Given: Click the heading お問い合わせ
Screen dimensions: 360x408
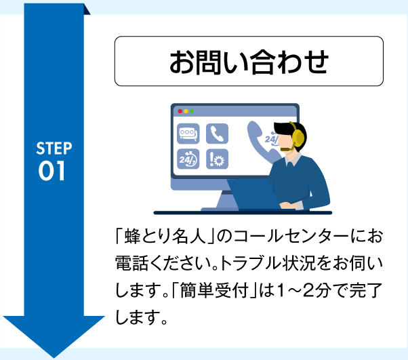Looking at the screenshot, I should pyautogui.click(x=248, y=62).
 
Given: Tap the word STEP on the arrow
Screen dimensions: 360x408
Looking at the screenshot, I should pyautogui.click(x=54, y=149).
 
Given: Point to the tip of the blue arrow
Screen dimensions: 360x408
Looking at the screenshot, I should pyautogui.click(x=54, y=353).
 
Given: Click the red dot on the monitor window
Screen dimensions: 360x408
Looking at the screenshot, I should pyautogui.click(x=180, y=111).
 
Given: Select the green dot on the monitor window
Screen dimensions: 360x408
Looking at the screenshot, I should pyautogui.click(x=192, y=111).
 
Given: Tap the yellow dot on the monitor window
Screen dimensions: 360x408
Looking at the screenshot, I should pyautogui.click(x=186, y=111).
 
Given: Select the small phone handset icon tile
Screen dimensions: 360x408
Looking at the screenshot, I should pyautogui.click(x=218, y=134).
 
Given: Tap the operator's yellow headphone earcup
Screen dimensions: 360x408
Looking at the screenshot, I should pyautogui.click(x=294, y=132).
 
